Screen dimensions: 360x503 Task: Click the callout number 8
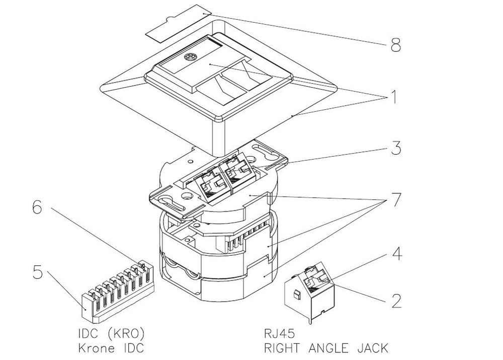395,46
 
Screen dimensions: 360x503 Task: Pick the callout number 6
37,207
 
